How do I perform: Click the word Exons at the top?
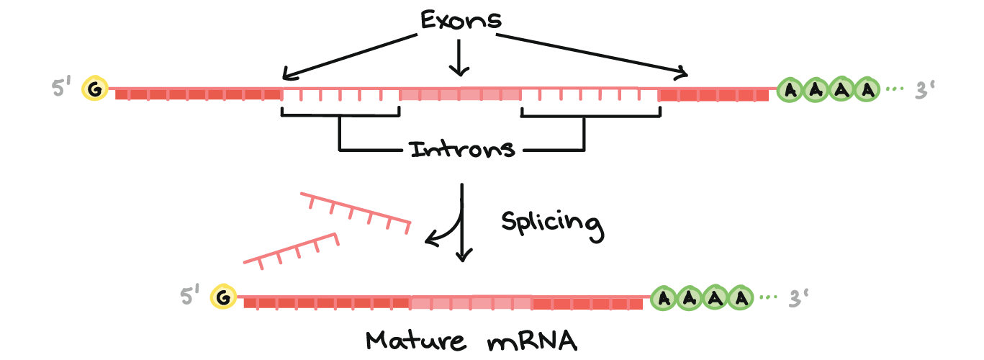click(461, 19)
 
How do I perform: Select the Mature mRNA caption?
click(471, 340)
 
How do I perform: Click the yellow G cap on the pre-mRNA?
click(94, 89)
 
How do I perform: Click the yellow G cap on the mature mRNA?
click(223, 297)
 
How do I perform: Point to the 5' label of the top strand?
click(60, 89)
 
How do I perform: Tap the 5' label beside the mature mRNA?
click(190, 297)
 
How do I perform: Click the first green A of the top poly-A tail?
click(792, 90)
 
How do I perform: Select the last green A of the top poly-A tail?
click(870, 90)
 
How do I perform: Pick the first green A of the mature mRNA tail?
click(665, 297)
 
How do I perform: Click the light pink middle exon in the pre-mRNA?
click(460, 94)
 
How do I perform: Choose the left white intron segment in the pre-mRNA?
click(340, 94)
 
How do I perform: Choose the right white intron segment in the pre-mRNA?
click(590, 94)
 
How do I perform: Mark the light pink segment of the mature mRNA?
click(471, 302)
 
